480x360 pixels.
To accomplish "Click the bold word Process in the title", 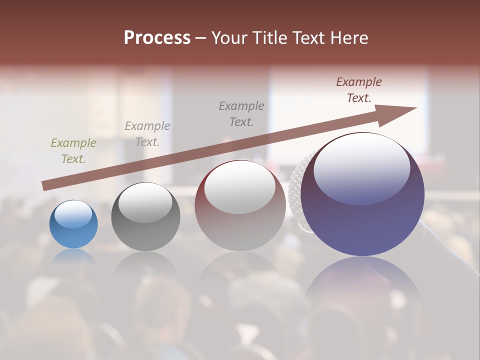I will coord(157,38).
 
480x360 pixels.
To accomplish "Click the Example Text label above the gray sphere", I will coord(147,133).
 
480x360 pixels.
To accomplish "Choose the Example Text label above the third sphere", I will coord(241,113).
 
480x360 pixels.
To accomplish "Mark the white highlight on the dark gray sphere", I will coord(145,202).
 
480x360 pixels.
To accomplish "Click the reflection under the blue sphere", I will coord(73,256).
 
